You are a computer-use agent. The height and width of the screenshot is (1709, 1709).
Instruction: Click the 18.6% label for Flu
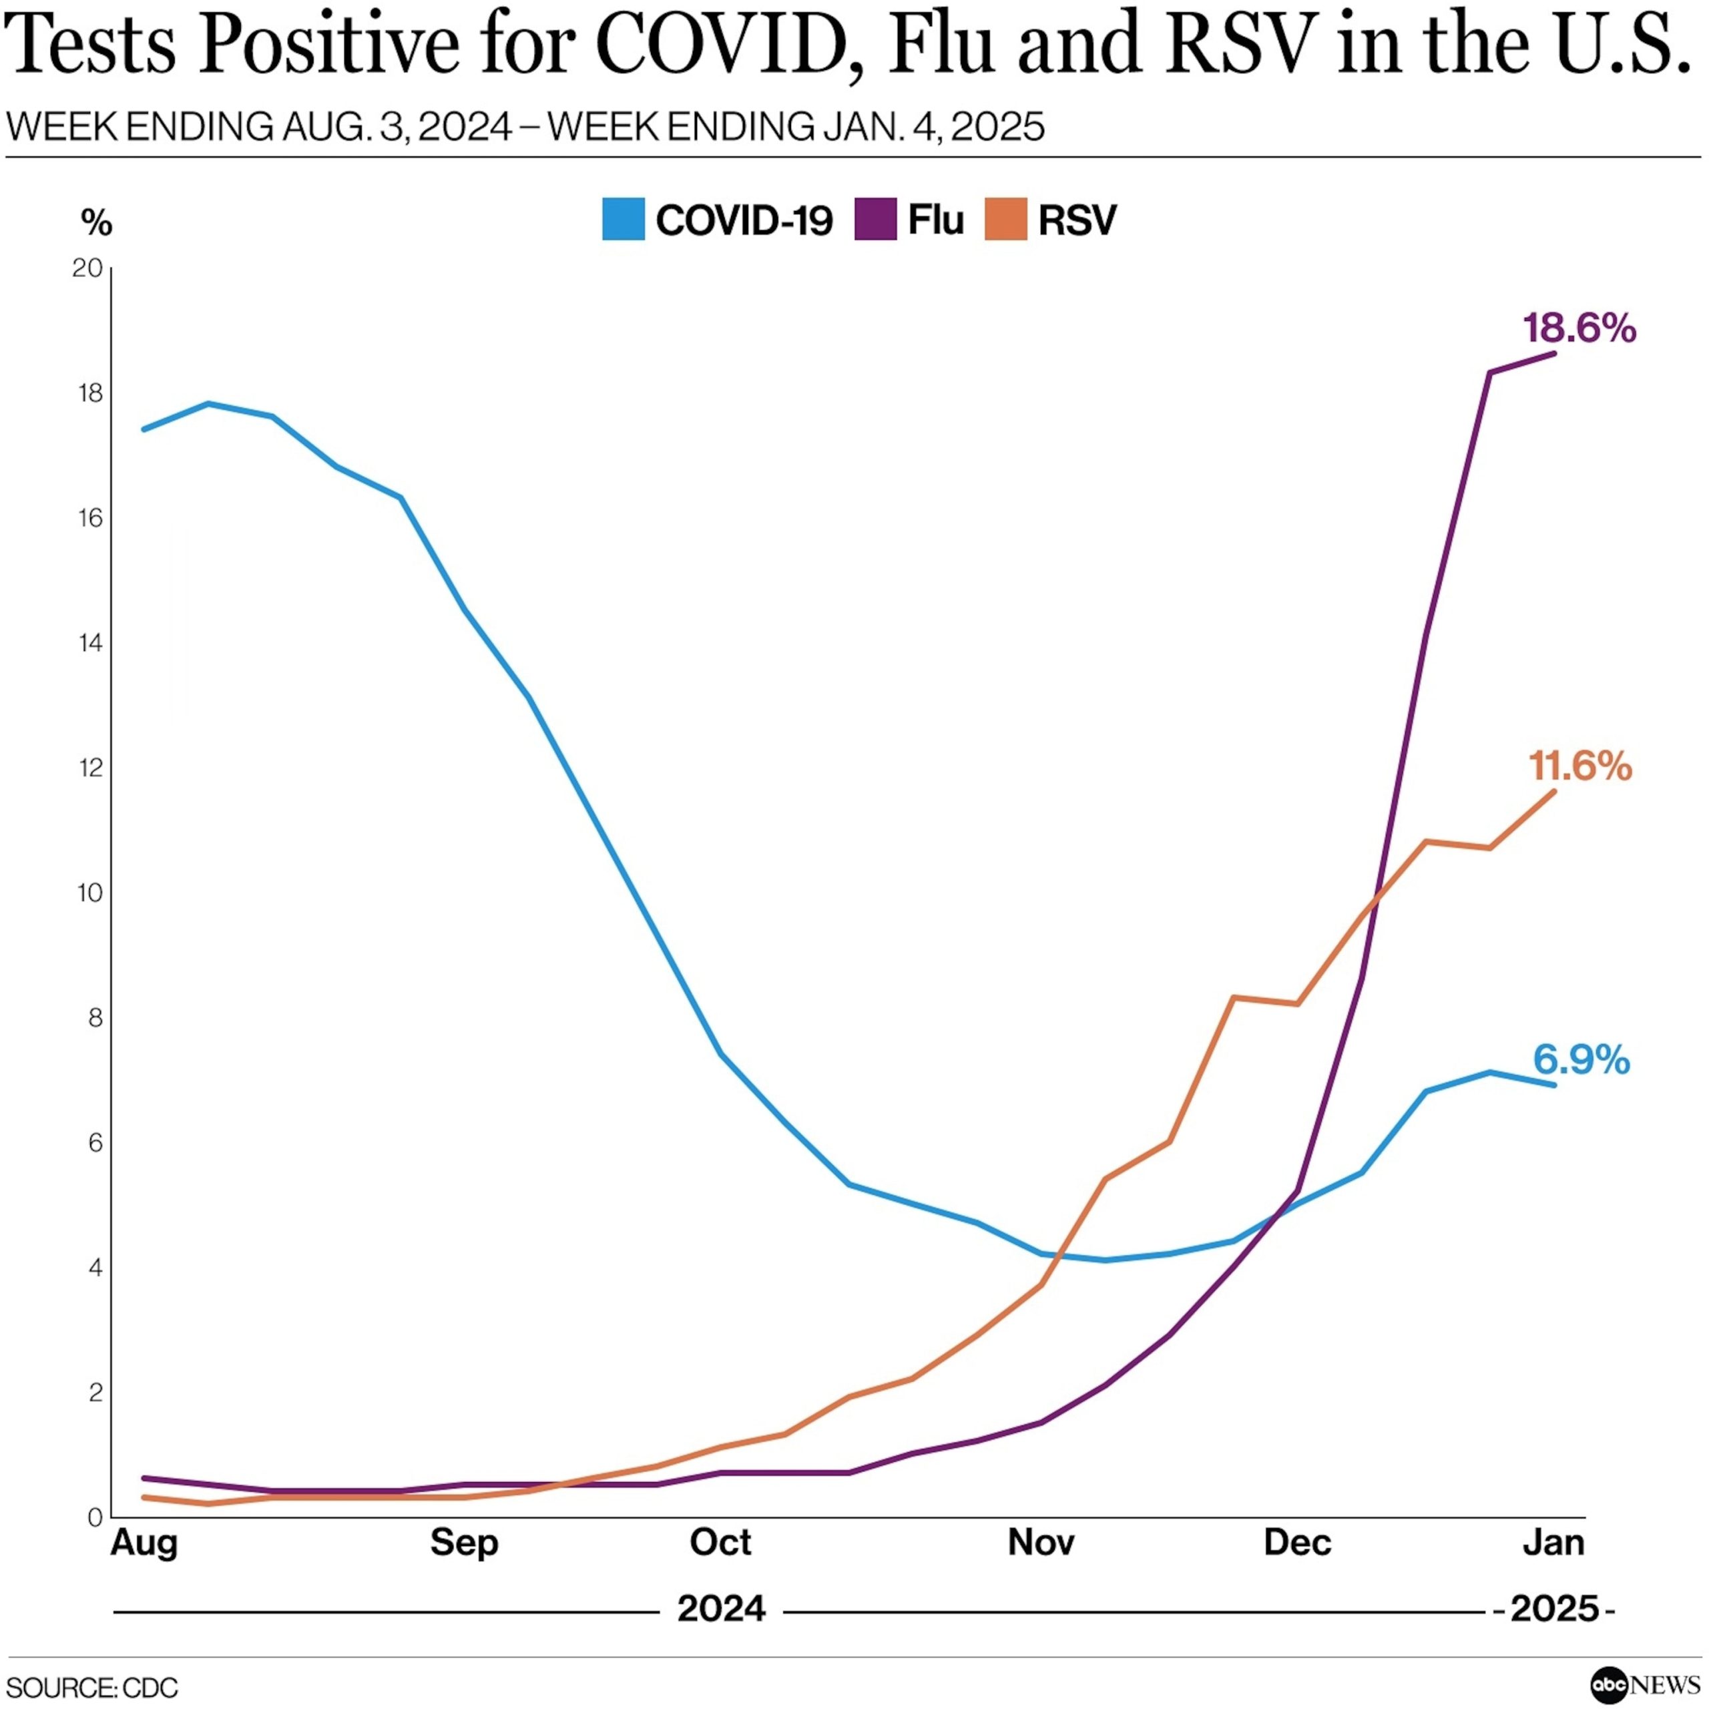[x=1579, y=329]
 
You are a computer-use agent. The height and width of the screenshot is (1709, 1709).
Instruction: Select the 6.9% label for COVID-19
[x=1581, y=1059]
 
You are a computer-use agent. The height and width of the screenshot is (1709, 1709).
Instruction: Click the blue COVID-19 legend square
[x=623, y=220]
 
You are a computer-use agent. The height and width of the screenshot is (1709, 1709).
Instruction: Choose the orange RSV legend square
[x=1006, y=220]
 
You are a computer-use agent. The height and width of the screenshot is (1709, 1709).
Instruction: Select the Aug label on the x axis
[x=144, y=1543]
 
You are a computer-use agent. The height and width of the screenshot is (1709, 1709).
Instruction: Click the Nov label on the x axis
[x=1041, y=1543]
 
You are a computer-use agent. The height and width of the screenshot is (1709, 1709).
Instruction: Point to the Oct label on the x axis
[x=720, y=1543]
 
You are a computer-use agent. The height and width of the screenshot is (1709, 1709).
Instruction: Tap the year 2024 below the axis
[x=721, y=1608]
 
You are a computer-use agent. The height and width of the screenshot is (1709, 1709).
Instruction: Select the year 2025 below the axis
[x=1554, y=1608]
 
